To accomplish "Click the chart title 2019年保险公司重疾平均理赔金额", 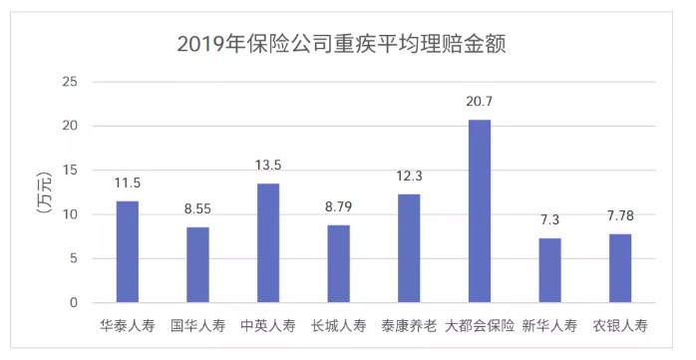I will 348,44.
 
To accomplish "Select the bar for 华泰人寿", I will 128,251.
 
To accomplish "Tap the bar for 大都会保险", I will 480,210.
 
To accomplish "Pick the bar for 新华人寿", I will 550,270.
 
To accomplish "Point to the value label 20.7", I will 480,102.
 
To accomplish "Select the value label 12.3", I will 409,177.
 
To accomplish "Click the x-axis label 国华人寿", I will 197,325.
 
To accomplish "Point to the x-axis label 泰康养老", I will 409,325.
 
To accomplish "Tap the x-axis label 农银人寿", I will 620,325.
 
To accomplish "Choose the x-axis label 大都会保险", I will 480,325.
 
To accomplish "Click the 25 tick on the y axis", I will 69,82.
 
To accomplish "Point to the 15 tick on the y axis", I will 69,171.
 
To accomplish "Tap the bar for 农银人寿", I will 620,268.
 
